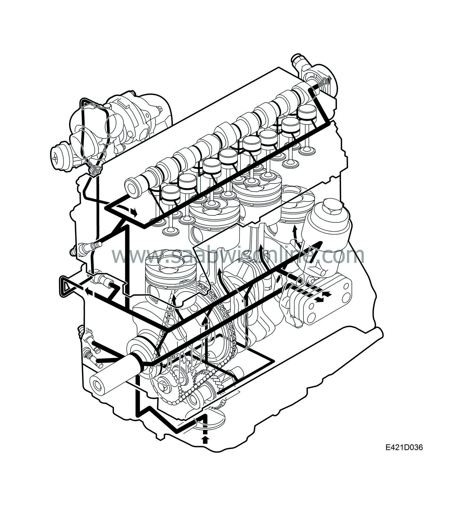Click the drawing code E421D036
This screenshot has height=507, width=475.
(404, 447)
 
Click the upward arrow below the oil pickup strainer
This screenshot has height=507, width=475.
(206, 439)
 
